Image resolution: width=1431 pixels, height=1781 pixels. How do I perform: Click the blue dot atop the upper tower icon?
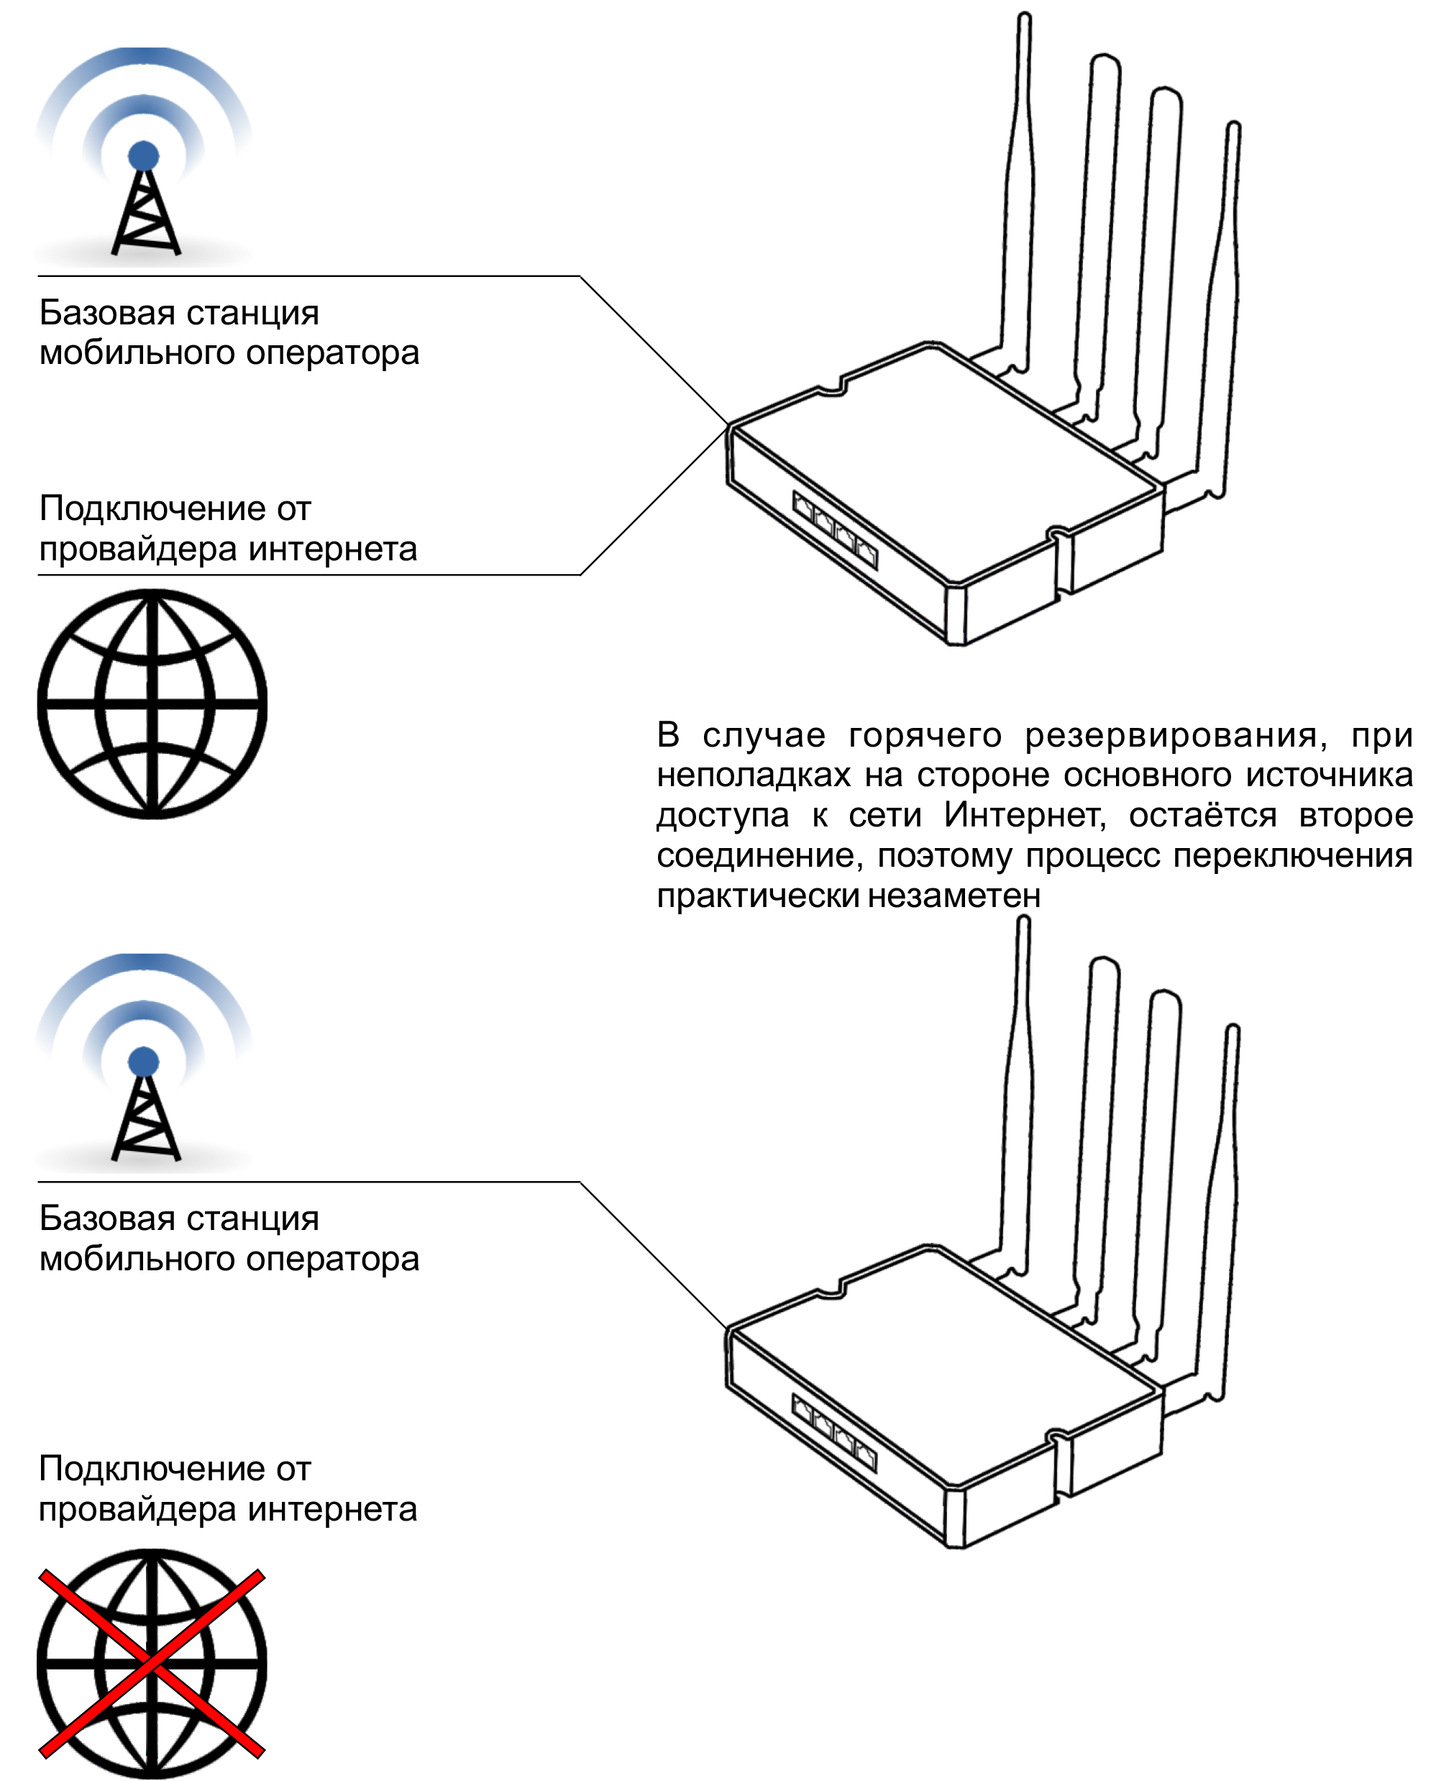(x=144, y=155)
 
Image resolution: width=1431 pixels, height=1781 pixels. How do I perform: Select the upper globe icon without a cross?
(x=152, y=703)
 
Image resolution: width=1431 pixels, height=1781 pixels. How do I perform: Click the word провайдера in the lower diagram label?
(x=138, y=1509)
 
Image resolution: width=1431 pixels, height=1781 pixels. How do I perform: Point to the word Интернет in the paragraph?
(x=1024, y=815)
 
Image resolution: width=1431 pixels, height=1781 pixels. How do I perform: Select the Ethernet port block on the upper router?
(x=835, y=529)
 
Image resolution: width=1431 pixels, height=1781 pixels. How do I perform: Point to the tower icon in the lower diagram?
(x=145, y=1107)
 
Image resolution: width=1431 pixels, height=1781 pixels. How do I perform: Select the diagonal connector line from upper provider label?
(x=652, y=501)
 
